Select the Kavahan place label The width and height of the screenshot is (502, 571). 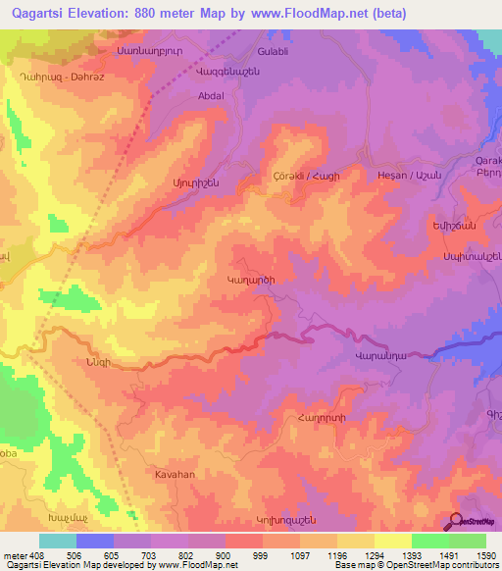177,474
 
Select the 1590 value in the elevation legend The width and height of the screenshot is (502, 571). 485,556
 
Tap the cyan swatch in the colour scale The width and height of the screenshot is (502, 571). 57,541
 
